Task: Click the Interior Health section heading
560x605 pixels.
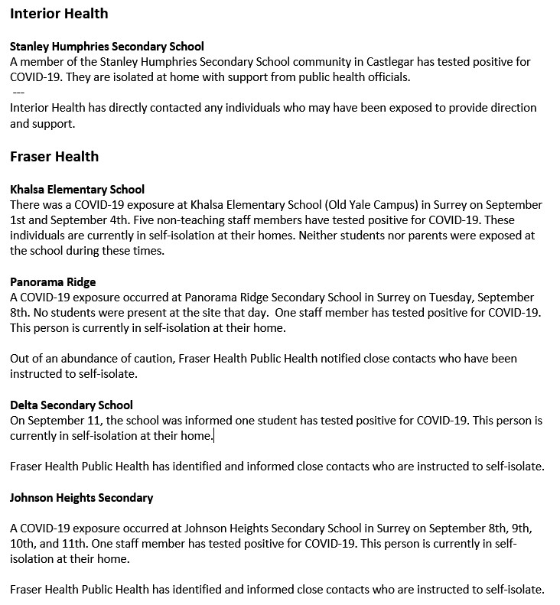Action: (x=59, y=14)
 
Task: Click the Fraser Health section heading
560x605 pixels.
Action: (x=54, y=157)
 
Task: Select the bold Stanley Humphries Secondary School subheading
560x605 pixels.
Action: (x=107, y=47)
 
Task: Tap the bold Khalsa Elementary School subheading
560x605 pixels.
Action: (x=77, y=189)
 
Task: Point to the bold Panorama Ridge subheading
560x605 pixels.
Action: (x=53, y=281)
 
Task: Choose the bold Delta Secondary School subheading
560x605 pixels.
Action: (x=71, y=405)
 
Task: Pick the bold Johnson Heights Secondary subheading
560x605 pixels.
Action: (x=81, y=497)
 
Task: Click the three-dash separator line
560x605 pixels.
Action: (x=18, y=92)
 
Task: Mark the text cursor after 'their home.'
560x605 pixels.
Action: (x=214, y=436)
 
